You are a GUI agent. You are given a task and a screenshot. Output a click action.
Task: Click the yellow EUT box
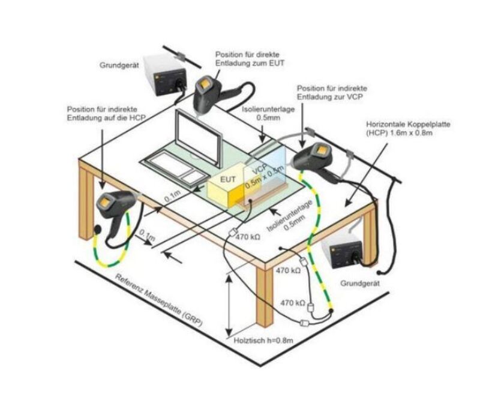pyautogui.click(x=225, y=185)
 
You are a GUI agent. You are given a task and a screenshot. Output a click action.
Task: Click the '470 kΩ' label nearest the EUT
pyautogui.click(x=247, y=238)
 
